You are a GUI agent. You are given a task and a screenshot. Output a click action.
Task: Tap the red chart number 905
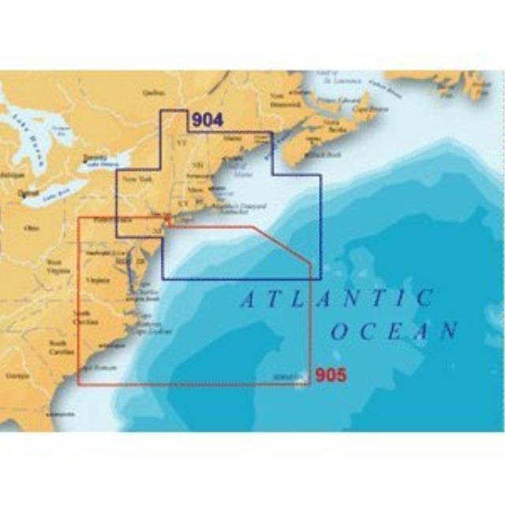pos(331,376)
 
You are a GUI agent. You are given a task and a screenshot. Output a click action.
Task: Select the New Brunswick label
pos(285,101)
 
